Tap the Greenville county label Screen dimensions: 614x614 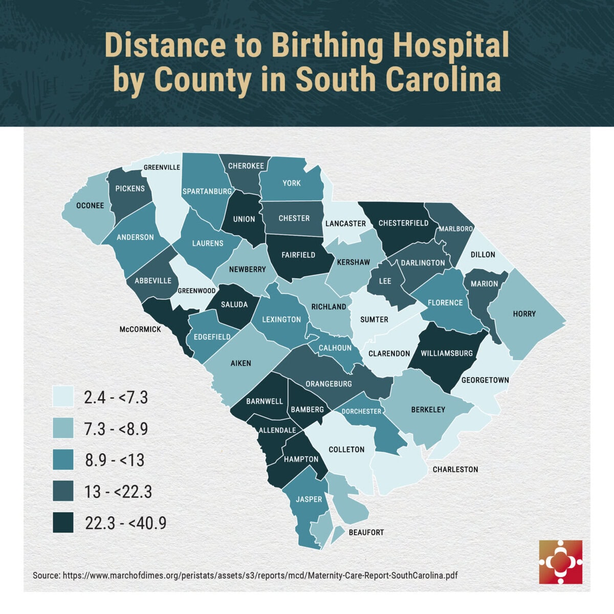point(162,167)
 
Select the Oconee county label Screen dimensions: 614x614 point(90,206)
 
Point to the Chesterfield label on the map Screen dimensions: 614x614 point(403,223)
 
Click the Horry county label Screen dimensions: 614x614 point(524,314)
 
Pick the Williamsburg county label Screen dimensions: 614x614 point(447,353)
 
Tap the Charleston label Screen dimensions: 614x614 point(455,469)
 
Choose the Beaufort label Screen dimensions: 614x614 point(366,532)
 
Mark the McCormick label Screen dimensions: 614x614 point(140,329)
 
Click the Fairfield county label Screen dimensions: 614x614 point(298,255)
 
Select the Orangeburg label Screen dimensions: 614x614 point(328,384)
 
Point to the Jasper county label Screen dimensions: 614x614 point(309,499)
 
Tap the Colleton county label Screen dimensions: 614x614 point(346,449)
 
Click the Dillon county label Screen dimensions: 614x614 point(483,254)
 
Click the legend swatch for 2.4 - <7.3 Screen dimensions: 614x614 point(63,397)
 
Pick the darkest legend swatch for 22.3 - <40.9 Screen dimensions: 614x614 point(63,522)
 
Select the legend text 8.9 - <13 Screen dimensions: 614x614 point(115,460)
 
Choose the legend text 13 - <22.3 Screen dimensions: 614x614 point(118,492)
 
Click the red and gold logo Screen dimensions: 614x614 point(560,561)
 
